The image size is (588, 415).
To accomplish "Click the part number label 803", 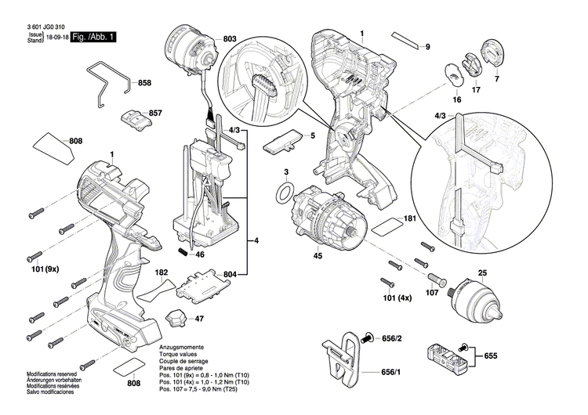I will click(229, 38).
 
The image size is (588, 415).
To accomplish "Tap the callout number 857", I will click(155, 113).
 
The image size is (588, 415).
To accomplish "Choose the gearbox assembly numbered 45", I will click(322, 217).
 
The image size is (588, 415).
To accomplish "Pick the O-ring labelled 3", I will click(286, 191).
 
